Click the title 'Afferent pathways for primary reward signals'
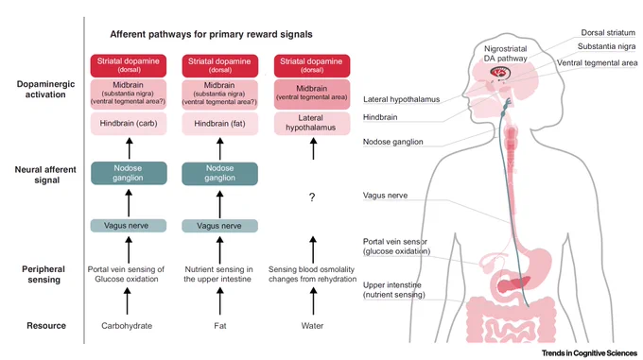(x=211, y=34)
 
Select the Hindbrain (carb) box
(x=129, y=123)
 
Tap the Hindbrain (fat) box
(x=219, y=123)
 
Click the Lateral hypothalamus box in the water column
(x=312, y=123)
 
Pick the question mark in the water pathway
(x=312, y=197)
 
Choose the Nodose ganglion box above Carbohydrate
(x=129, y=173)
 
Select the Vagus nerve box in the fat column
(x=219, y=226)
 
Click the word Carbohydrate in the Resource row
(x=127, y=326)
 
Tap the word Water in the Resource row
(x=312, y=326)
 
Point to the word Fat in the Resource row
(x=219, y=326)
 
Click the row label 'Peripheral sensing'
(x=43, y=274)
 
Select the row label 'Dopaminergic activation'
(x=45, y=89)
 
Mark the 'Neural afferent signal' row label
(x=45, y=175)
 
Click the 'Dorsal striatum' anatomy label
(x=608, y=33)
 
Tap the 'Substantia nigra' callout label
(x=606, y=46)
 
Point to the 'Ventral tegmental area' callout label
(x=597, y=63)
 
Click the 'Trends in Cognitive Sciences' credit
(x=589, y=353)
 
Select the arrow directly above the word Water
(x=313, y=300)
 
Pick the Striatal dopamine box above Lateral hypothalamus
(x=312, y=65)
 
